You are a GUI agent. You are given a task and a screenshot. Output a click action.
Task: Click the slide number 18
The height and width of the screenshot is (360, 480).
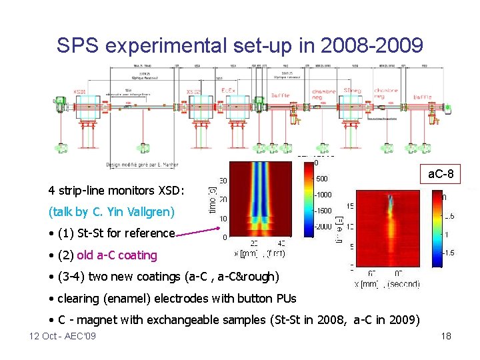pos(446,336)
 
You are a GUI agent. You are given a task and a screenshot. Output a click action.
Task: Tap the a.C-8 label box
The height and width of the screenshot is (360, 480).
pos(441,175)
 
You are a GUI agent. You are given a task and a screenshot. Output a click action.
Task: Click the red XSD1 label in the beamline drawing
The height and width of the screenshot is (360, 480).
pos(80,91)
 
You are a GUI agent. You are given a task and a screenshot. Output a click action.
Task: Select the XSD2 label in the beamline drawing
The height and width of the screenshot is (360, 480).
pos(193,91)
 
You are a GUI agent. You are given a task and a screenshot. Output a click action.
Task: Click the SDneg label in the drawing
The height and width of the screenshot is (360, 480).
pos(352,91)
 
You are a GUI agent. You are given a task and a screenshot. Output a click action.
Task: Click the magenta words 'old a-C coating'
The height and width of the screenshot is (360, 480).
pos(117,255)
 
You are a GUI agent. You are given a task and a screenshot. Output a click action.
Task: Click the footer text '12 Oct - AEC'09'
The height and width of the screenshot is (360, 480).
pos(63,336)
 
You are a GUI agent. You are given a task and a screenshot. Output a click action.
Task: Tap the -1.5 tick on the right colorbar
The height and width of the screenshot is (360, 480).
pos(450,253)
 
